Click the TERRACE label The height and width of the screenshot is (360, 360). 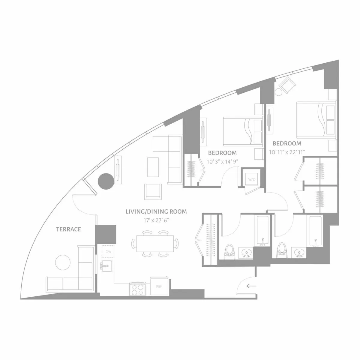click(69, 229)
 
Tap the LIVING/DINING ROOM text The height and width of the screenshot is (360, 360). click(156, 212)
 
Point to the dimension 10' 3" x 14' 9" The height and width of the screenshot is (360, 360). click(222, 161)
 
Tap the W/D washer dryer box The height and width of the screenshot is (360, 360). click(251, 179)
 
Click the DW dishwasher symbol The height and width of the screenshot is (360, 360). click(108, 251)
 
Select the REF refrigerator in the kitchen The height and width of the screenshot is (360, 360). click(159, 286)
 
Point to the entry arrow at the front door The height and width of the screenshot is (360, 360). click(251, 286)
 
